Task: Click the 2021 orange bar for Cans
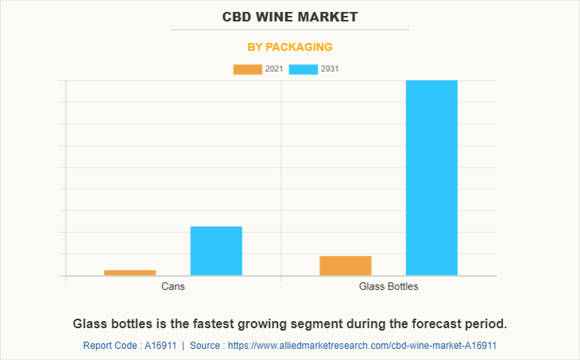[x=130, y=273]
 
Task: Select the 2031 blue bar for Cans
[x=216, y=251]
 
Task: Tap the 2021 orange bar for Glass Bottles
[x=346, y=265]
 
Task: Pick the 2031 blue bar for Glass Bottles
[x=431, y=178]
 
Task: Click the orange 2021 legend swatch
[x=247, y=69]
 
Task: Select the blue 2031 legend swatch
[x=303, y=69]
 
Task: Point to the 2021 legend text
[x=274, y=69]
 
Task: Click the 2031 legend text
[x=330, y=69]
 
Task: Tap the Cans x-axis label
[x=173, y=286]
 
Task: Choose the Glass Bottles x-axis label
[x=389, y=286]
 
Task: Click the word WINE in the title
[x=284, y=17]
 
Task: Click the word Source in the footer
[x=206, y=346]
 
